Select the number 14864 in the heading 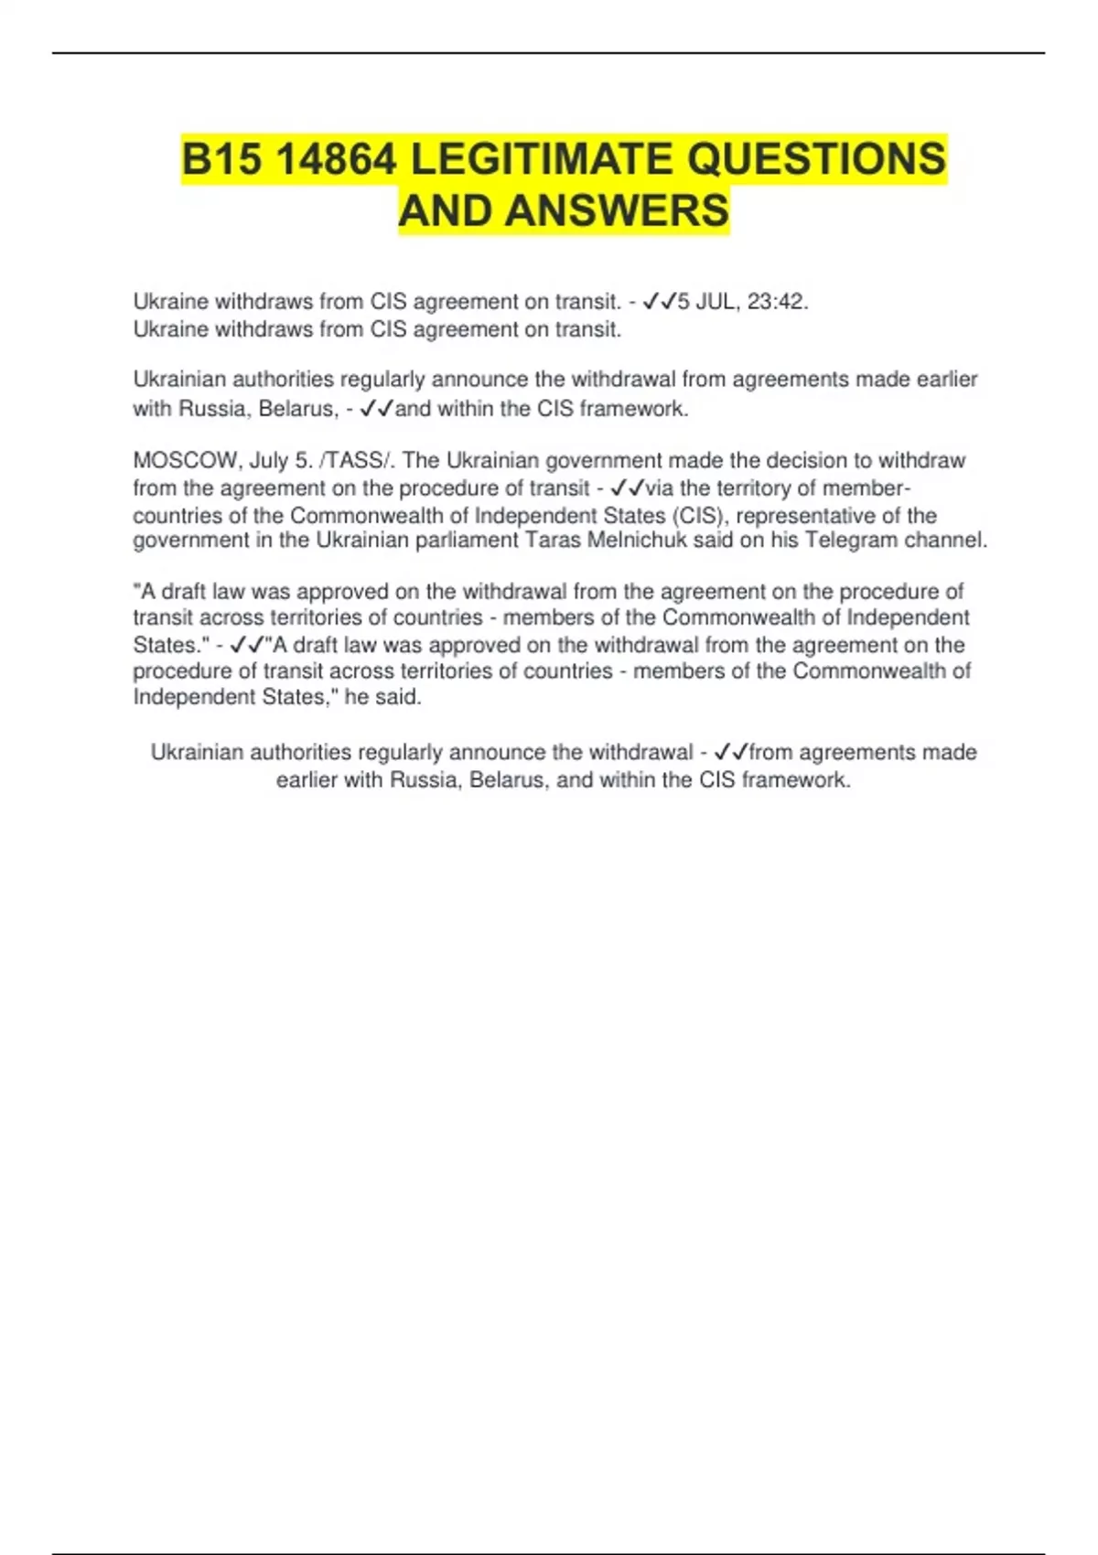tap(335, 159)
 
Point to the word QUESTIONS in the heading tap(816, 159)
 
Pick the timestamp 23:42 tap(778, 302)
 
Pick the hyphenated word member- tap(867, 488)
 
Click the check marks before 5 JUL tap(660, 302)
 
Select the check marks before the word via tap(627, 488)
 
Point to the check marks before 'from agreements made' tap(730, 753)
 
